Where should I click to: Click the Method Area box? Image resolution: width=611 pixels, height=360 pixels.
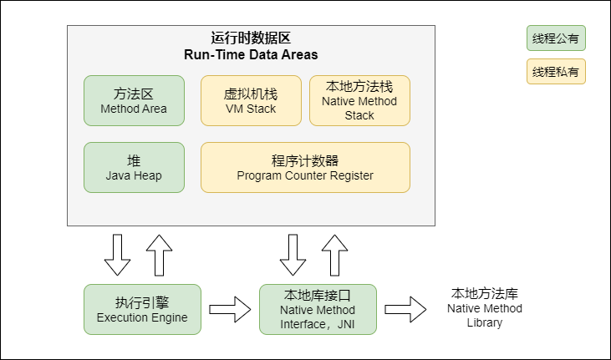(134, 100)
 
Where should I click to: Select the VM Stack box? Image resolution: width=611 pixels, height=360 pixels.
(251, 100)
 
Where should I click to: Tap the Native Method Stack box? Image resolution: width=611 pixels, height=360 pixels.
(359, 100)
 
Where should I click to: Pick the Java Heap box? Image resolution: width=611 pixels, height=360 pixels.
(134, 167)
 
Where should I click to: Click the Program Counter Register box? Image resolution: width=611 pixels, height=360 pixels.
(305, 167)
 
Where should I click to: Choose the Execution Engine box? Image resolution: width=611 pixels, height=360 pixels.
(142, 309)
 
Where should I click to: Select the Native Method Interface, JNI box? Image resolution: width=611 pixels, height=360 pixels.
(318, 309)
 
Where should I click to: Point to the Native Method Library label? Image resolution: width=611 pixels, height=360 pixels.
(485, 308)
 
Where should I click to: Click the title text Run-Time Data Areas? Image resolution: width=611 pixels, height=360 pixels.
(251, 55)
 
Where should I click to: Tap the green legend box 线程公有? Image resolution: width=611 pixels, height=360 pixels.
(556, 38)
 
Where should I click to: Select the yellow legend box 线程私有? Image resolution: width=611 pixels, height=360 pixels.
(556, 72)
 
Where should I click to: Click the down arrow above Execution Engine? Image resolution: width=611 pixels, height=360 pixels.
(118, 255)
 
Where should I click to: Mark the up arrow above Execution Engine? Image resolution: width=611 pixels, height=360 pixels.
(159, 255)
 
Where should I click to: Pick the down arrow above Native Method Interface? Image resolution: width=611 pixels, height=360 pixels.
(293, 255)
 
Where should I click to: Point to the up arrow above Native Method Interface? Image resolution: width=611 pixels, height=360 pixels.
(335, 255)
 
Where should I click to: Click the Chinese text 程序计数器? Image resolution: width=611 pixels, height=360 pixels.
(305, 160)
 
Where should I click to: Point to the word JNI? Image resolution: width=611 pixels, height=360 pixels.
(344, 323)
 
